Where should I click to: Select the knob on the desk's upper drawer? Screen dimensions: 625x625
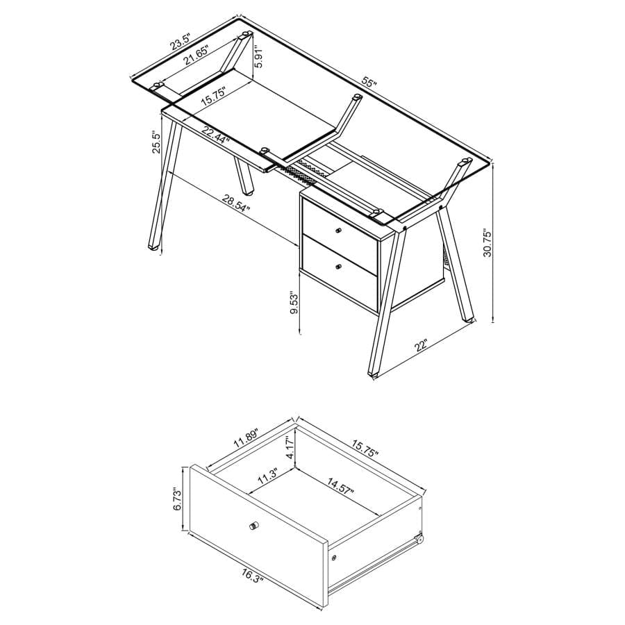[339, 231]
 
